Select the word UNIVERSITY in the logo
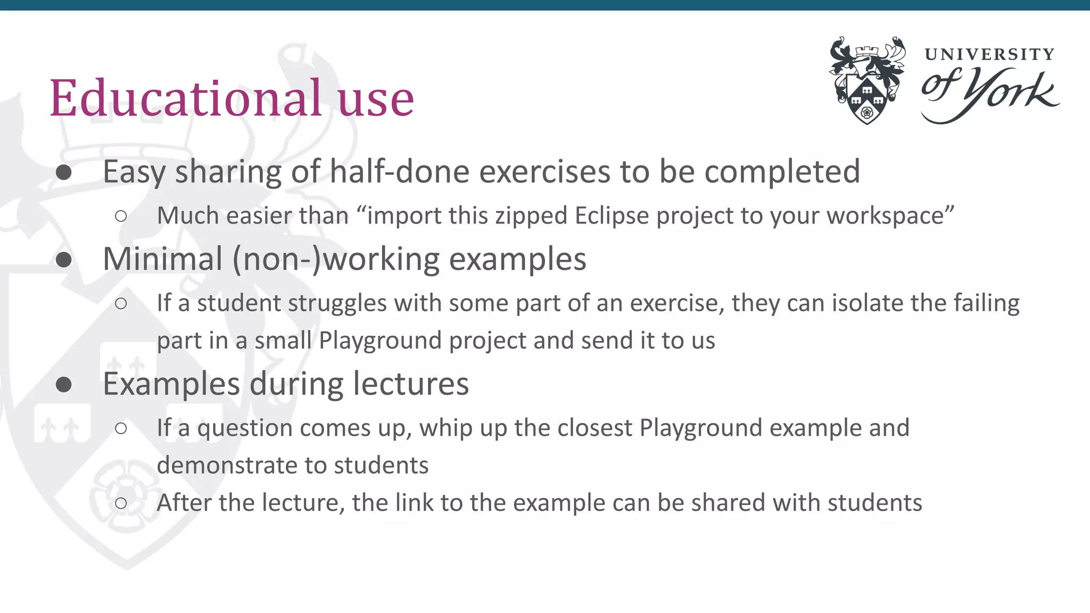[989, 54]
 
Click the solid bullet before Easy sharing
[64, 172]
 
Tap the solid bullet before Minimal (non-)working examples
[64, 260]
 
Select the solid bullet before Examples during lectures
[64, 384]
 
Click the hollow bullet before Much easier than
[121, 216]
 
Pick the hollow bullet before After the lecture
[121, 503]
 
